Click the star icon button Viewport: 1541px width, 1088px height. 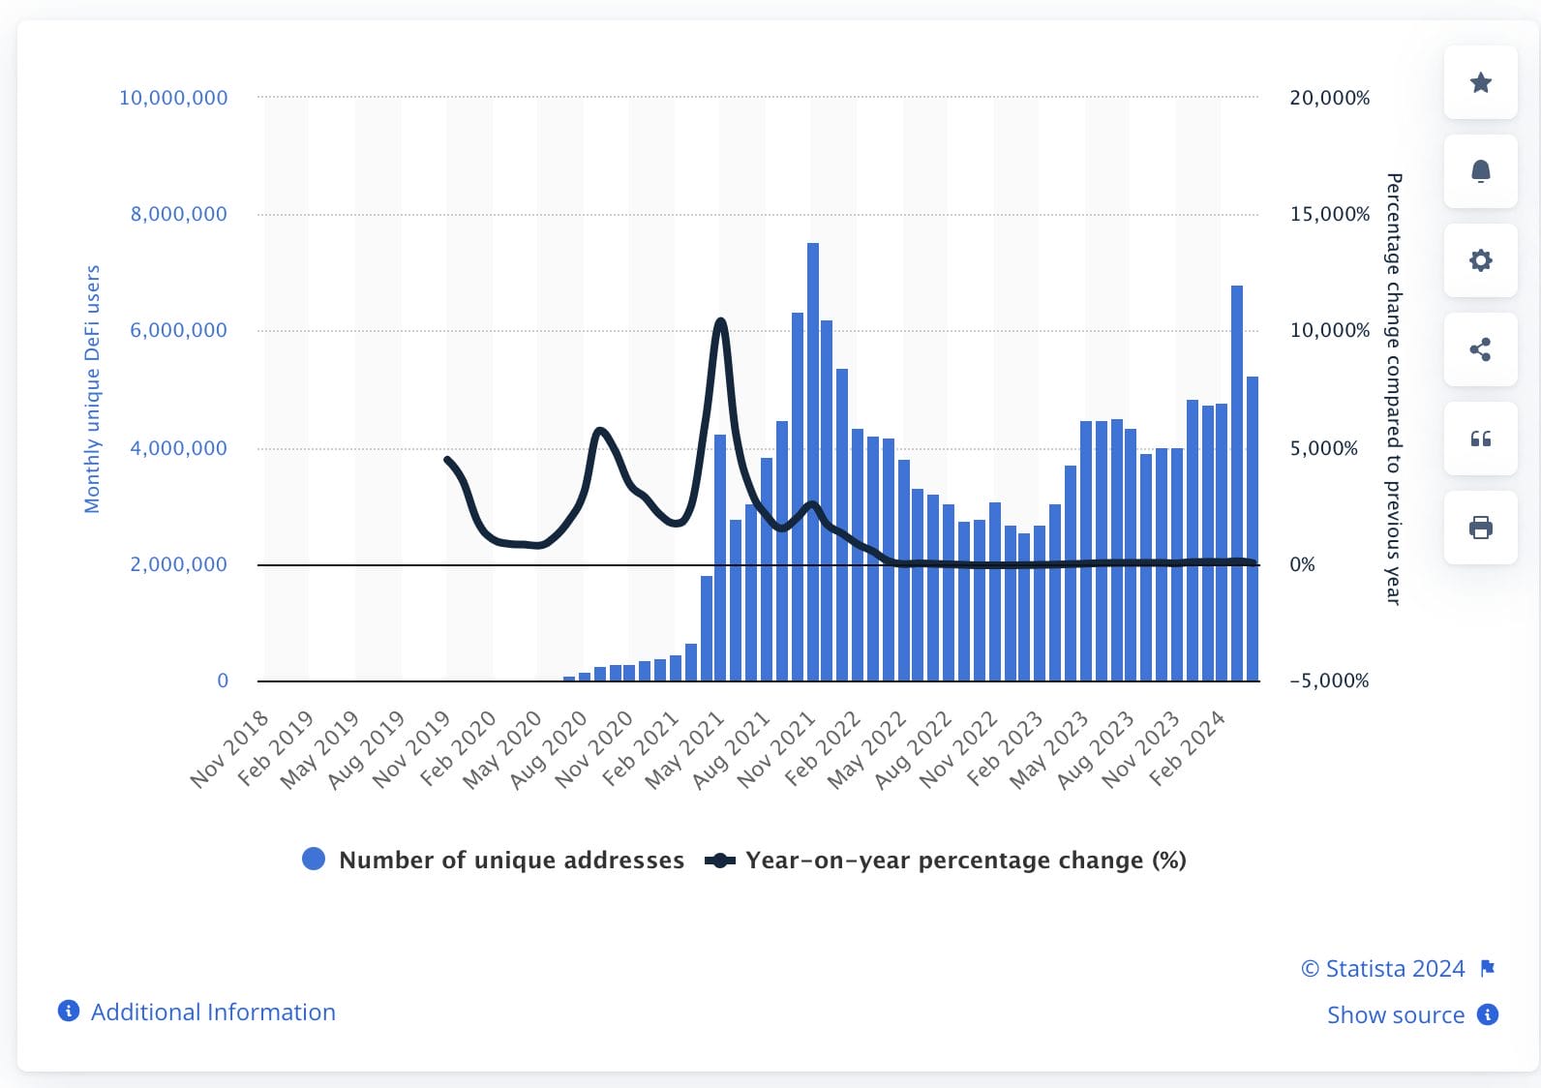[1480, 82]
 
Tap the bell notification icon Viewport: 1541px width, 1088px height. [1480, 171]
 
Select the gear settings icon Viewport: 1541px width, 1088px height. [1480, 260]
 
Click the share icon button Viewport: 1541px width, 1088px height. [1480, 349]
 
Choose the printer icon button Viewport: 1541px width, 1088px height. [1480, 528]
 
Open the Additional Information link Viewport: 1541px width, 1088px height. [213, 1012]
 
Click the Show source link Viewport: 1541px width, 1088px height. [1395, 1014]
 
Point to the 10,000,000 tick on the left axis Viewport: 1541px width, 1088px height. [173, 98]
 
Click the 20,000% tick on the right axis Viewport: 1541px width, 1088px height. [1329, 98]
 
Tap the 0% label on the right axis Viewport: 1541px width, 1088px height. [1302, 564]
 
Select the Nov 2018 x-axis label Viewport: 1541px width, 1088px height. [229, 749]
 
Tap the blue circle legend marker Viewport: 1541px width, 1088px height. [314, 860]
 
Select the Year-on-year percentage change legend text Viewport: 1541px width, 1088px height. [965, 861]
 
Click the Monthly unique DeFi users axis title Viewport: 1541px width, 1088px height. [93, 389]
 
